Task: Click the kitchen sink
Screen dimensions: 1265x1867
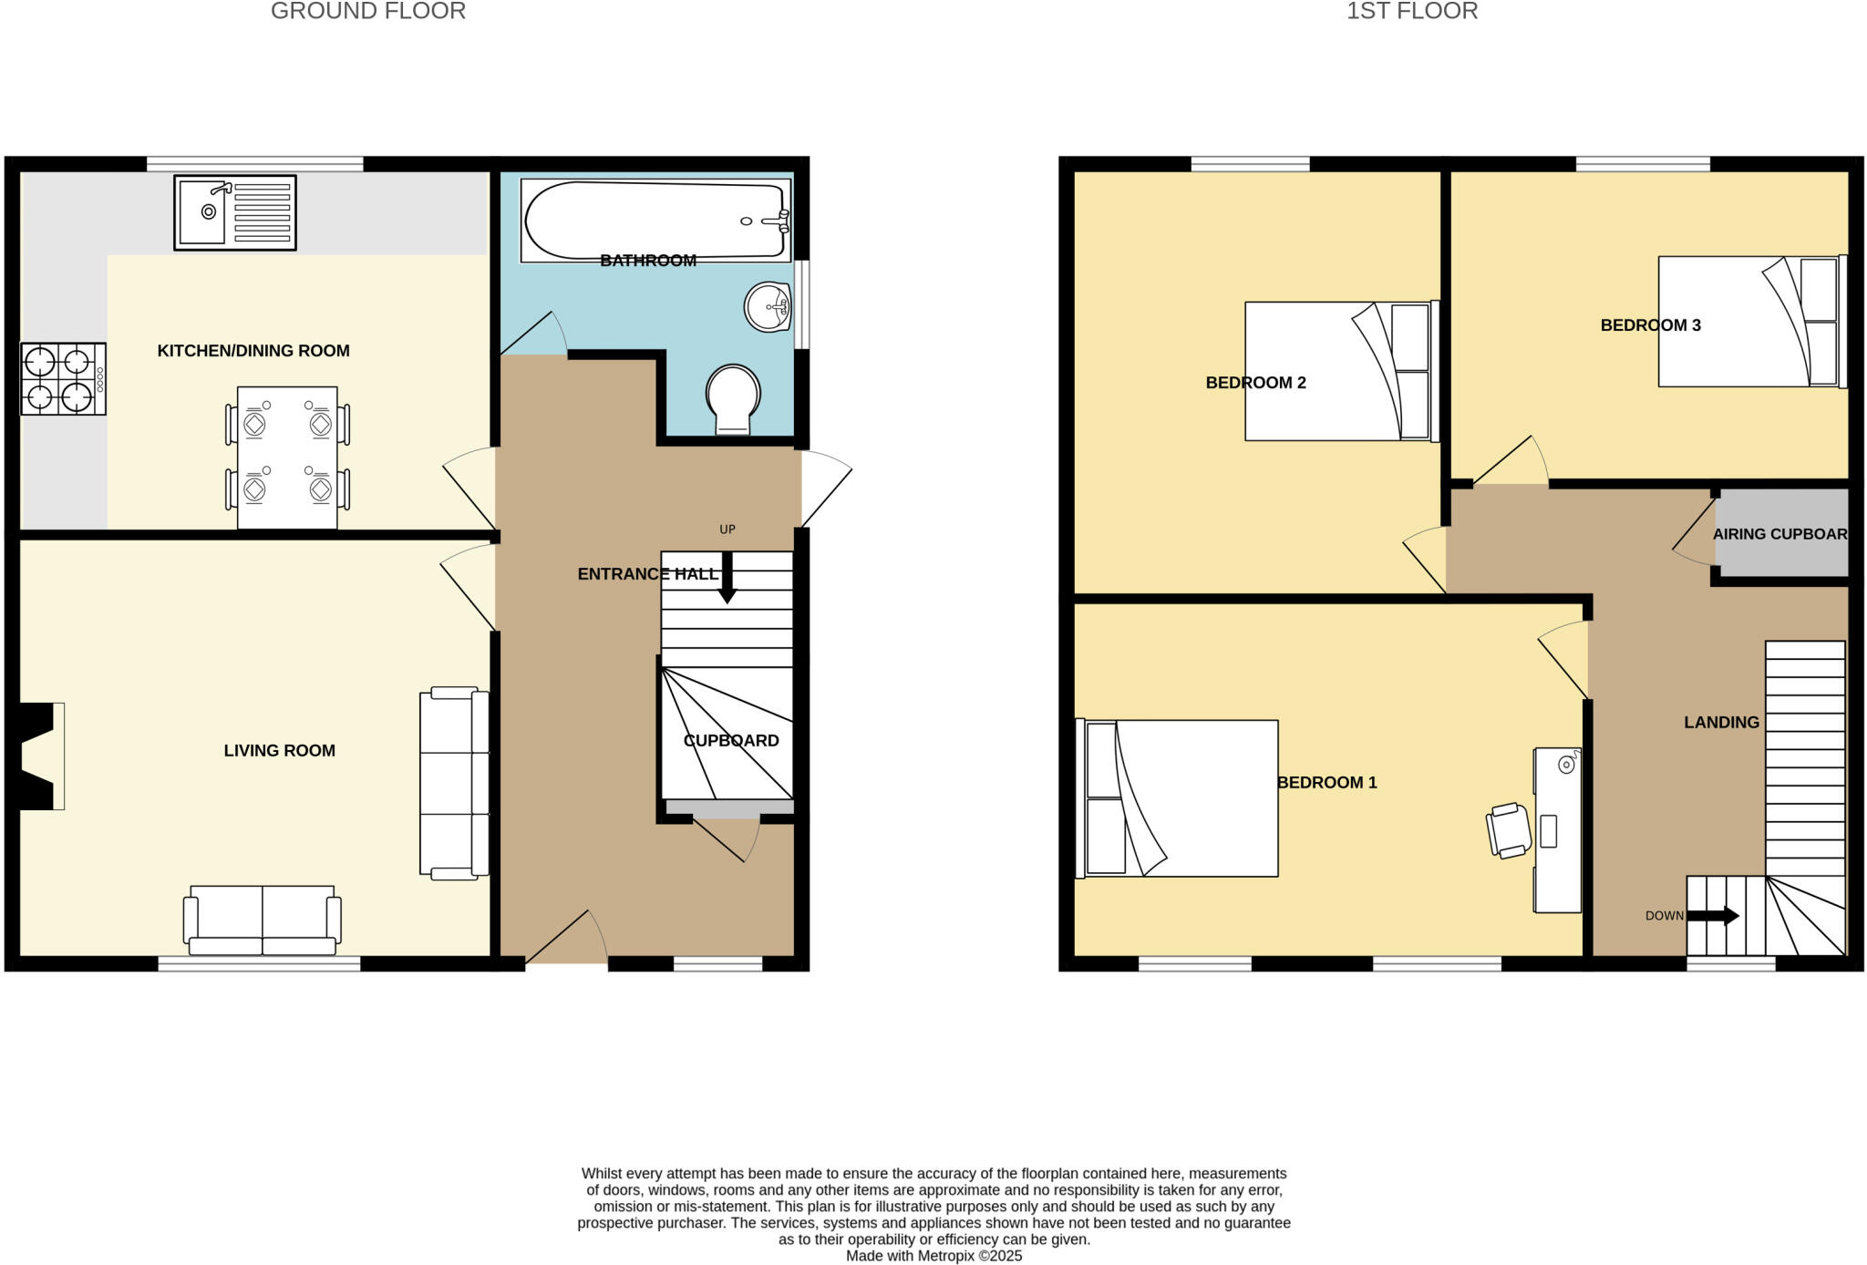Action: click(234, 212)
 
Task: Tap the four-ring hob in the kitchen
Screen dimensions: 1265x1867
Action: click(62, 378)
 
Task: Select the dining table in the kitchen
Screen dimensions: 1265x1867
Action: click(287, 458)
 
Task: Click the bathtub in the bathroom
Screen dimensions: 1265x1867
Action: click(655, 220)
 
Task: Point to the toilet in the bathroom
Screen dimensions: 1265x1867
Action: click(733, 399)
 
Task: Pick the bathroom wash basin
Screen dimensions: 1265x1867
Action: click(768, 306)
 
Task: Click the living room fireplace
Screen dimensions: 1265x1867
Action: click(39, 756)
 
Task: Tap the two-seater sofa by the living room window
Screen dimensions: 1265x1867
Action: click(263, 920)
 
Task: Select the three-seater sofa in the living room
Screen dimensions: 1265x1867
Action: click(454, 784)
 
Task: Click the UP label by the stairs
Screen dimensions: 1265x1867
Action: click(727, 530)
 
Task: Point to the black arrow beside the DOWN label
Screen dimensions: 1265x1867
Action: click(1712, 916)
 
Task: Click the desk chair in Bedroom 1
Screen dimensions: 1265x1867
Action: click(1510, 830)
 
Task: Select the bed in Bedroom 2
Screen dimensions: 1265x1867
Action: click(1341, 372)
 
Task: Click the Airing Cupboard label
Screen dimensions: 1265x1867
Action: click(1779, 534)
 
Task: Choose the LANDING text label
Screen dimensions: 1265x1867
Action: click(1721, 723)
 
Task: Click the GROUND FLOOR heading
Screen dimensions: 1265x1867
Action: click(368, 11)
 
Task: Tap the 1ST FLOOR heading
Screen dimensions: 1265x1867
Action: click(1412, 11)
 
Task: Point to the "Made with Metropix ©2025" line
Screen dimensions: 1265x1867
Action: click(933, 1256)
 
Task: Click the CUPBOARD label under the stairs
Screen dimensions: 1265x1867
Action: click(731, 741)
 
